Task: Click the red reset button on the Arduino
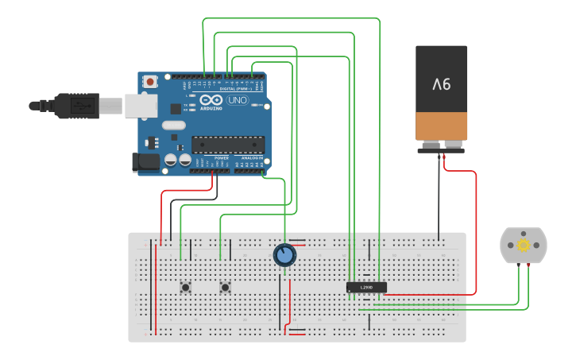pyautogui.click(x=150, y=81)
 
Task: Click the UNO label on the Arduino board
pyautogui.click(x=237, y=101)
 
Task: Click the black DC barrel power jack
pyautogui.click(x=145, y=161)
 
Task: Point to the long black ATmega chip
pyautogui.click(x=228, y=145)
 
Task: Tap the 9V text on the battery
pyautogui.click(x=442, y=83)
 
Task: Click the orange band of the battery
pyautogui.click(x=442, y=126)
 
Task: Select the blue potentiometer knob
pyautogui.click(x=284, y=255)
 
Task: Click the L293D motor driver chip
pyautogui.click(x=366, y=287)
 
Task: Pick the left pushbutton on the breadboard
pyautogui.click(x=185, y=287)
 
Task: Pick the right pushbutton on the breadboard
pyautogui.click(x=225, y=287)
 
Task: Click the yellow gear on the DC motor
pyautogui.click(x=524, y=245)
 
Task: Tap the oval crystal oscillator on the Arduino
pyautogui.click(x=173, y=125)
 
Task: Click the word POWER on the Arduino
pyautogui.click(x=222, y=158)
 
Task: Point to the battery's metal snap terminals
pyautogui.click(x=441, y=145)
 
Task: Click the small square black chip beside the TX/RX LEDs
pyautogui.click(x=175, y=108)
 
